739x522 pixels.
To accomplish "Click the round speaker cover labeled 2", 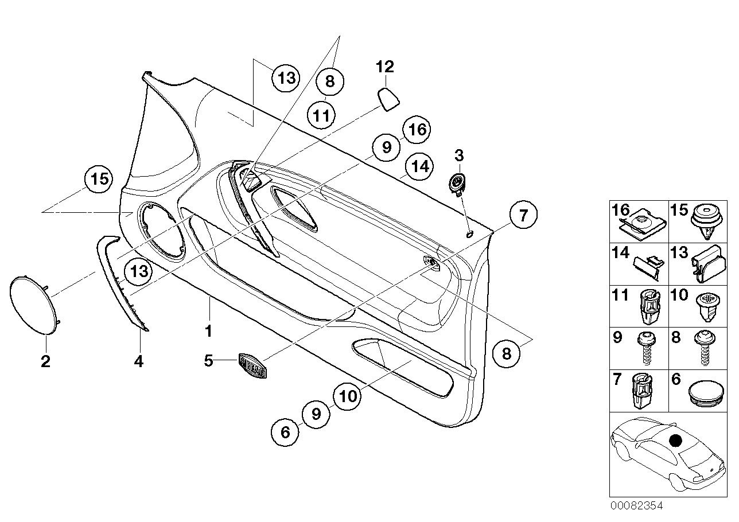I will (x=34, y=304).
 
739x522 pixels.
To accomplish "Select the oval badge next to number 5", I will (x=252, y=365).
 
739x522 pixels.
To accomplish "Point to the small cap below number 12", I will (x=389, y=98).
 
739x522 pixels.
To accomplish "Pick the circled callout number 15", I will (x=99, y=179).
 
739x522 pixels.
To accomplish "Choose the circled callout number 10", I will (x=347, y=396).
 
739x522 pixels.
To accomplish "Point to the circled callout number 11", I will (x=322, y=115).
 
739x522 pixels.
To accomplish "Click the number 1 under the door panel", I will (x=209, y=331).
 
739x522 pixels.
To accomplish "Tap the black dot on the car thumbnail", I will (x=676, y=441).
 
